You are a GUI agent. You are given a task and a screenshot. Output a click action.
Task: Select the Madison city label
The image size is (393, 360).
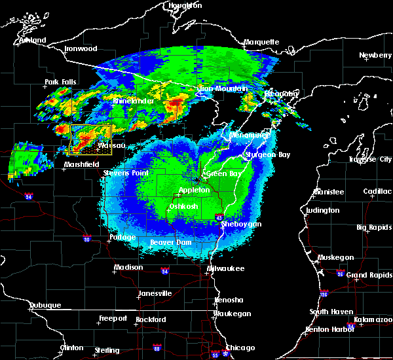128,267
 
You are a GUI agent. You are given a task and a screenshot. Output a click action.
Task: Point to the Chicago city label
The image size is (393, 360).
240,348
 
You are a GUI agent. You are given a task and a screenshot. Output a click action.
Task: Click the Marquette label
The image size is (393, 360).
261,43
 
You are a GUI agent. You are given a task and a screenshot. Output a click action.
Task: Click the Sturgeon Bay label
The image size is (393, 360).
267,155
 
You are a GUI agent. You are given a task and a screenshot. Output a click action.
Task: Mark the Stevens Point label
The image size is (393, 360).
125,173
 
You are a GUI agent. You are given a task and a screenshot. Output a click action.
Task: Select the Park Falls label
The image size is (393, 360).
60,82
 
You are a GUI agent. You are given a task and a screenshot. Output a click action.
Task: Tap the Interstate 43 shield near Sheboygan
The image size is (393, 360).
219,217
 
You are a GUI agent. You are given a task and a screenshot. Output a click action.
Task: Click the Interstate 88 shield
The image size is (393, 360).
156,348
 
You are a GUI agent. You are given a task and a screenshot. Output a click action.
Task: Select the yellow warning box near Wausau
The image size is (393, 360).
90,139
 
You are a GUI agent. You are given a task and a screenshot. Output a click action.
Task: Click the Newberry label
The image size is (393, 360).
375,56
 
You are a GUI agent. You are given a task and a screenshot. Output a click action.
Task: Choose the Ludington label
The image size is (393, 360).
323,210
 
